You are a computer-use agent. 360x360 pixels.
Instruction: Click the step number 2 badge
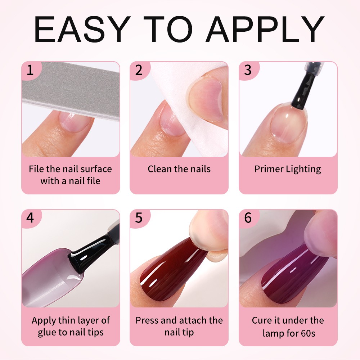pyautogui.click(x=139, y=70)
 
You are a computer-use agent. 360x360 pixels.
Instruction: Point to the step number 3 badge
pyautogui.click(x=248, y=70)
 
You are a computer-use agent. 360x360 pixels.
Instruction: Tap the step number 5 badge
pyautogui.click(x=139, y=218)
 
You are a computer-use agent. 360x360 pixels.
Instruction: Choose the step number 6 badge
pyautogui.click(x=248, y=218)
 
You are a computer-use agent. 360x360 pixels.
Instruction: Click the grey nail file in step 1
pyautogui.click(x=73, y=90)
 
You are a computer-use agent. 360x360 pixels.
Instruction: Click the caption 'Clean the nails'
pyautogui.click(x=179, y=169)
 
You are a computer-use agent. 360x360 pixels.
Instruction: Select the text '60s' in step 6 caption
pyautogui.click(x=308, y=333)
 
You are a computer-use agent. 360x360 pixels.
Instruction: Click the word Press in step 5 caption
pyautogui.click(x=147, y=320)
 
